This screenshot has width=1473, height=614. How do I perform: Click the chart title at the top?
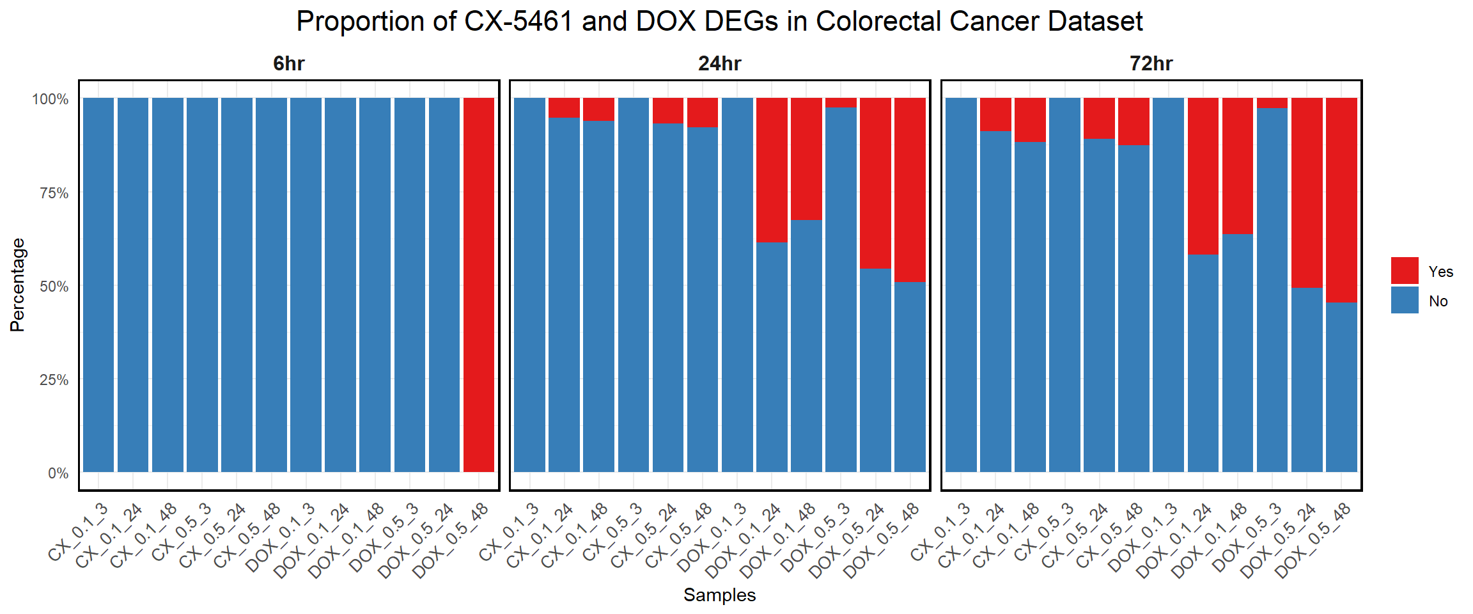(x=719, y=22)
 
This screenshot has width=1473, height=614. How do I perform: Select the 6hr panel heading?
(x=288, y=64)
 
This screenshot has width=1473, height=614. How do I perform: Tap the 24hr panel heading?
(x=719, y=64)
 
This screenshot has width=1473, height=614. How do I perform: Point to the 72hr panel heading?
(x=1151, y=64)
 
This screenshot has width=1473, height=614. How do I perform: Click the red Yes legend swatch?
(x=1404, y=271)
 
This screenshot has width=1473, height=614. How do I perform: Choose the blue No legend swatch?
(x=1404, y=300)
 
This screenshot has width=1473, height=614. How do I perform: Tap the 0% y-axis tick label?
(x=58, y=473)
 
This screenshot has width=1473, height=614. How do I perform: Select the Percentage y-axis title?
(x=17, y=285)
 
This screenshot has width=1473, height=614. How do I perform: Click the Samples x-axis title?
(x=719, y=595)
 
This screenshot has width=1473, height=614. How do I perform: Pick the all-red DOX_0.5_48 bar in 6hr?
(x=478, y=285)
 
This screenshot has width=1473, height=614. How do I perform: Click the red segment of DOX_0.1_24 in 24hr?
(x=772, y=169)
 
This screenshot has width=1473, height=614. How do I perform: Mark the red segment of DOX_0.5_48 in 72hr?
(x=1341, y=200)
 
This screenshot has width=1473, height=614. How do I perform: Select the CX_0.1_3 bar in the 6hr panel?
(x=98, y=285)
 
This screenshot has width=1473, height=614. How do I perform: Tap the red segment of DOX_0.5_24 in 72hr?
(x=1307, y=192)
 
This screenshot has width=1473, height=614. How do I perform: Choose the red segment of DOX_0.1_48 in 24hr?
(x=806, y=159)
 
